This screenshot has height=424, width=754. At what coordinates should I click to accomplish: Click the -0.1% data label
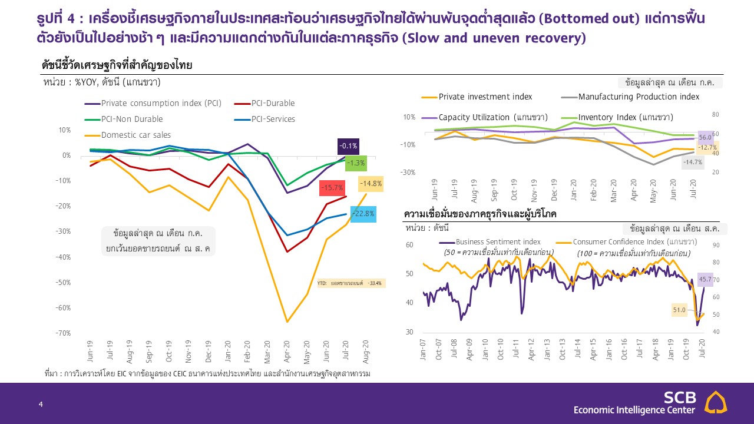tap(348, 146)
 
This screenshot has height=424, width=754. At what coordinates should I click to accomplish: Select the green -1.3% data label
tap(356, 163)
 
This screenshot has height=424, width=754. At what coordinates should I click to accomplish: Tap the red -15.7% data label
tap(332, 188)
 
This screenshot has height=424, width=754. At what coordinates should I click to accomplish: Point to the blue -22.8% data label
tap(363, 214)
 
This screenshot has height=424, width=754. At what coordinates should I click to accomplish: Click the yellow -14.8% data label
tap(371, 183)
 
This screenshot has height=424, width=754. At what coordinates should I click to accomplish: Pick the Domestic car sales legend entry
tap(136, 135)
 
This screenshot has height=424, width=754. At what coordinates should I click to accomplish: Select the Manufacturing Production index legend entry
tap(639, 97)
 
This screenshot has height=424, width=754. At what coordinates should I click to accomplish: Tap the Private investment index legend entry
tap(485, 97)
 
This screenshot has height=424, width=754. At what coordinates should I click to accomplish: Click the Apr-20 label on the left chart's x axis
tap(287, 352)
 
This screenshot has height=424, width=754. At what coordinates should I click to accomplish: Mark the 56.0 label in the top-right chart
tap(706, 138)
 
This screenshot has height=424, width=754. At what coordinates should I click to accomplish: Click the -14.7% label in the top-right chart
tap(692, 162)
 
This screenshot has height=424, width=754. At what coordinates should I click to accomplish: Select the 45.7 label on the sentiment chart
tap(705, 279)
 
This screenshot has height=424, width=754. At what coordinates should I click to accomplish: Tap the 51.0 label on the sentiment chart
tap(680, 310)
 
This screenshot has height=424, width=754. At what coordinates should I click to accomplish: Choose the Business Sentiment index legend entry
tap(498, 241)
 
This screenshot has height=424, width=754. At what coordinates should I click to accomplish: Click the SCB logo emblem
tap(716, 402)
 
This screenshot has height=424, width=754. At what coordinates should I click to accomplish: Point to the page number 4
tap(41, 404)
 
